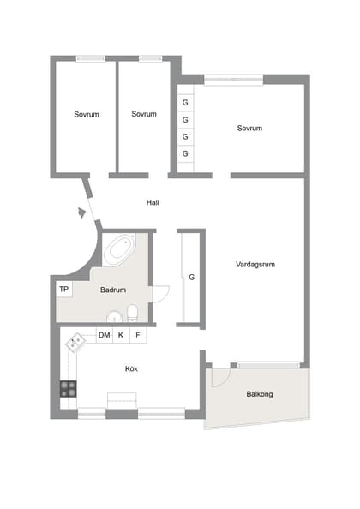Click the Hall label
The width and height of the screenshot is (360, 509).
coord(153,203)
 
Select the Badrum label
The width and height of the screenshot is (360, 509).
coord(113,290)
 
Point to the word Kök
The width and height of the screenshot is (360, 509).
coord(131,368)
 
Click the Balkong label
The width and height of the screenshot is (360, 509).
coord(260,395)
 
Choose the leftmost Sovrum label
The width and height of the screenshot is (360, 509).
coord(86,114)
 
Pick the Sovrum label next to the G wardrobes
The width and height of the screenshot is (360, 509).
coord(249,129)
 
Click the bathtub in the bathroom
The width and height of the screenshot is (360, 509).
coord(119,249)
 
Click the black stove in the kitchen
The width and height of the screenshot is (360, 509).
coord(69,387)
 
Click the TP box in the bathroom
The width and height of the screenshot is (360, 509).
coord(63,290)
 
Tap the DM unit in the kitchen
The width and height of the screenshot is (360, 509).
coord(104,335)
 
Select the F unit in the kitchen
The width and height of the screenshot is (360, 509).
coord(137,335)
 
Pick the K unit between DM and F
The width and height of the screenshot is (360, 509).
coord(121,335)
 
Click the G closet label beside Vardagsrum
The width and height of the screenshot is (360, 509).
coord(192,278)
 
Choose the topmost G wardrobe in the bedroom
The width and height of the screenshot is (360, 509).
coord(184,102)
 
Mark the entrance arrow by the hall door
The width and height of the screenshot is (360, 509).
coord(81,212)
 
